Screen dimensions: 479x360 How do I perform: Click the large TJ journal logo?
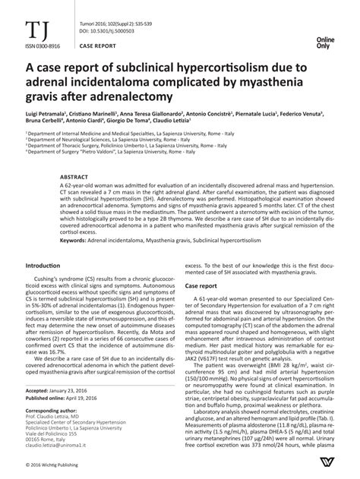(x=35, y=30)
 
